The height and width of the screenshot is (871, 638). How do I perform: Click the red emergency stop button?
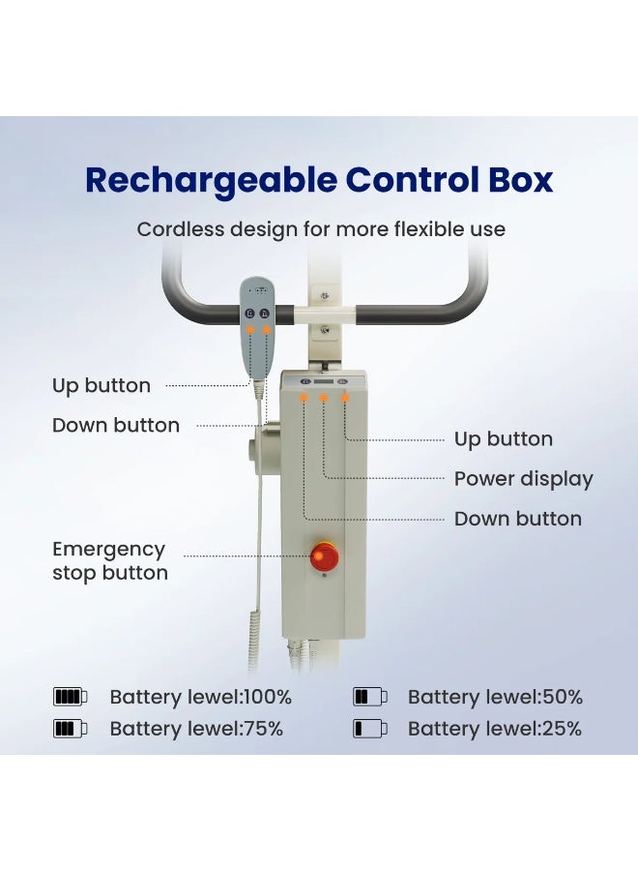pos(324,556)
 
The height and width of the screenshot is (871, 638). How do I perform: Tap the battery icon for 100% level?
pos(70,697)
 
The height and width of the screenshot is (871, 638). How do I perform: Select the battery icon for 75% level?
pos(70,728)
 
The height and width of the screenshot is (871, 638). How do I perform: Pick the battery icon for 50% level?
pos(369,697)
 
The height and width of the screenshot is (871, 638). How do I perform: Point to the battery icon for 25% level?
pos(369,728)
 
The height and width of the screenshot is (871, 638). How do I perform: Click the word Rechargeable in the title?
pos(211,181)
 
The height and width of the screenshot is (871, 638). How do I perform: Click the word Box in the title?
pos(520,180)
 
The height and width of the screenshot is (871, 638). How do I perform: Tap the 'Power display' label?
pos(523,479)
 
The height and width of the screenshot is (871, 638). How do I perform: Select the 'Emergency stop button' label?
pos(110,561)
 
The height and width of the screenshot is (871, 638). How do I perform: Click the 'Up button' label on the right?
pos(504,439)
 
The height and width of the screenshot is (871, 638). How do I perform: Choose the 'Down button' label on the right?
pos(517,519)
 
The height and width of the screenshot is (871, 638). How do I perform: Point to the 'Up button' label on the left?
pos(101,385)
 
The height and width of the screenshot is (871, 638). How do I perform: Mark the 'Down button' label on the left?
pos(115,426)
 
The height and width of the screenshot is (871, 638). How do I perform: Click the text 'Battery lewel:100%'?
pos(200,697)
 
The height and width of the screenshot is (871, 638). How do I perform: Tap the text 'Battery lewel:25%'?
pos(494,729)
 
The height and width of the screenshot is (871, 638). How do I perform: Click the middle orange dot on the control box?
pos(324,398)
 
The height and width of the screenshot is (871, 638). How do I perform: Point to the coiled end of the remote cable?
pos(254,639)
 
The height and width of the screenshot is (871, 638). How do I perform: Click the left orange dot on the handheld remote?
pos(250,329)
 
